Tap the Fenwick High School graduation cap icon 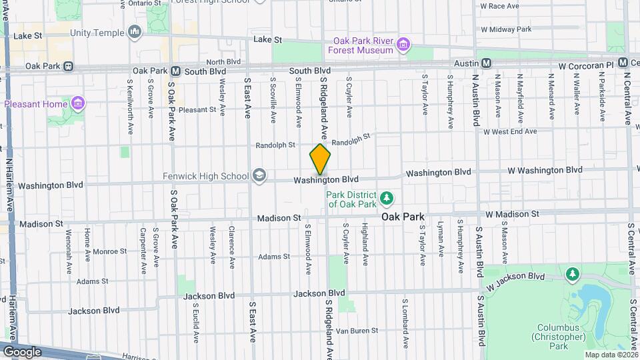click(259, 176)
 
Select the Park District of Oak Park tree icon click(386, 199)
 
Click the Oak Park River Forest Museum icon click(403, 45)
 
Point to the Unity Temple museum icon click(135, 31)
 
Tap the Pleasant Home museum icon click(78, 104)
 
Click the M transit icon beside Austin click(486, 63)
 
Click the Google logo click(21, 352)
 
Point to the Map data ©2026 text click(610, 355)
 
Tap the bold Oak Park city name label click(403, 217)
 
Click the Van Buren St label click(357, 330)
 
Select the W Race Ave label click(499, 6)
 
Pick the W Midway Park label click(505, 29)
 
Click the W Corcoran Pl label click(585, 66)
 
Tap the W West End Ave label click(510, 131)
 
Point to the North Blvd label click(224, 61)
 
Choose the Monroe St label click(109, 251)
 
